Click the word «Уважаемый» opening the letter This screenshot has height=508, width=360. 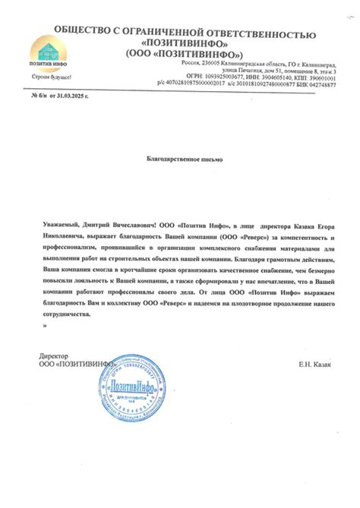pos(60,226)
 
